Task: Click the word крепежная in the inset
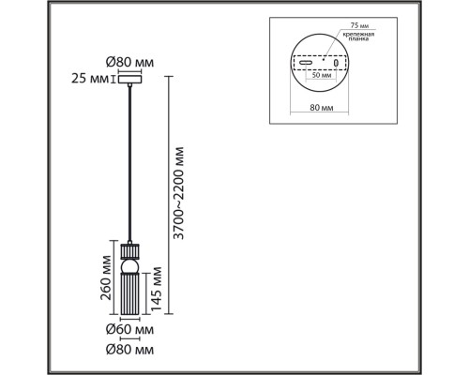359,34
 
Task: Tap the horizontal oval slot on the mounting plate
305,66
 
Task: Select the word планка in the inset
356,41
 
